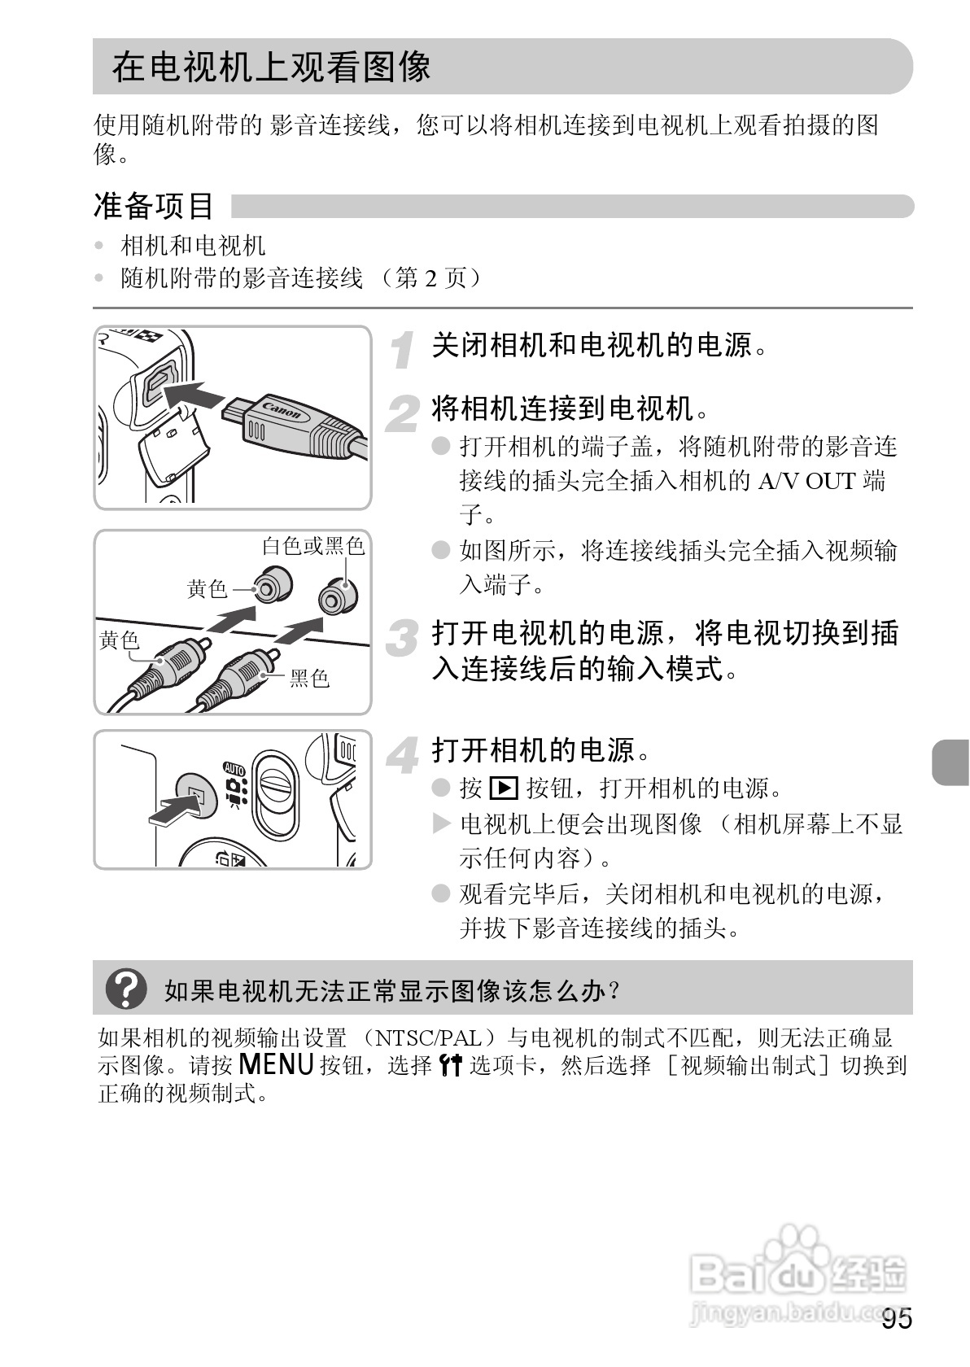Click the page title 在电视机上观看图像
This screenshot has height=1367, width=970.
[271, 67]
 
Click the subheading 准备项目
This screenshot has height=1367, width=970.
[153, 206]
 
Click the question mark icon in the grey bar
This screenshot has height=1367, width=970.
[127, 989]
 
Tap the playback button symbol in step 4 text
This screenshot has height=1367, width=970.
[504, 788]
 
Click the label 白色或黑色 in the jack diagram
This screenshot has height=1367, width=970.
[312, 545]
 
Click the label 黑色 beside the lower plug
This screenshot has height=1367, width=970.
[309, 678]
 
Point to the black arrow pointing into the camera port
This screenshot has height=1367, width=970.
[195, 395]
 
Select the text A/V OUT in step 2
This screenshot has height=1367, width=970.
[806, 481]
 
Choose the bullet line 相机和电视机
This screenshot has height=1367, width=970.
[193, 246]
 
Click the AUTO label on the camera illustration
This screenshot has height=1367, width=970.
[234, 768]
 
